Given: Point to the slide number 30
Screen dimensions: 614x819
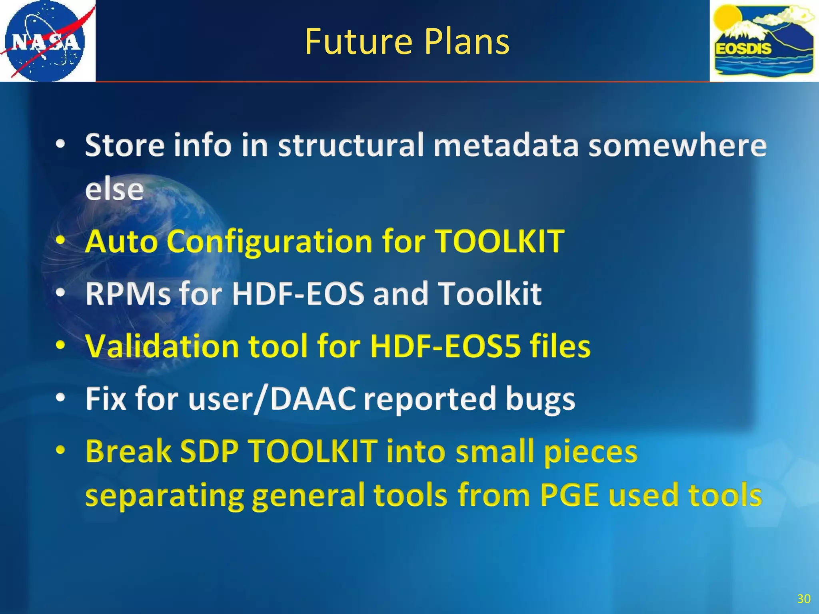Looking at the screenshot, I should (803, 598).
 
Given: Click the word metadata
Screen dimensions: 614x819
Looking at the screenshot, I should (506, 145).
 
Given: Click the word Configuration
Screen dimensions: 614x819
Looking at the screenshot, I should (270, 241).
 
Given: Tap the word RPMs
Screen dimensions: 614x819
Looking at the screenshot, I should (128, 293).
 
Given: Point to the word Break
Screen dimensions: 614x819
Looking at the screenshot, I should (128, 451).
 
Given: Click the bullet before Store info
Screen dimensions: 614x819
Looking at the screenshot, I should (60, 145).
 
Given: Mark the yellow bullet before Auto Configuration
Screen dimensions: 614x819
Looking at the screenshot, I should (60, 241).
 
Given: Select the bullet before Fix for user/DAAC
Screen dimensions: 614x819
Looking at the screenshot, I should (60, 398).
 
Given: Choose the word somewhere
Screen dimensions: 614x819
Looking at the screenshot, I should (677, 145).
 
